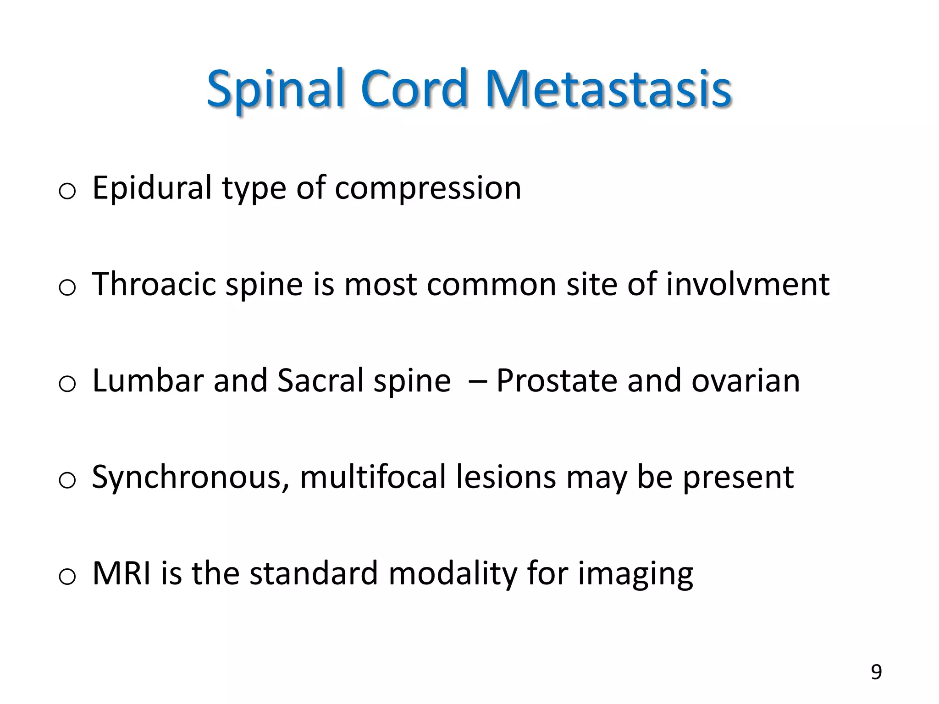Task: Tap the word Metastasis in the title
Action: (x=608, y=89)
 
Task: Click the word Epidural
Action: (x=152, y=188)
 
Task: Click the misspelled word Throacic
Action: (x=154, y=284)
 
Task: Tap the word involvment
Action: (x=747, y=284)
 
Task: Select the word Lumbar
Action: (x=147, y=380)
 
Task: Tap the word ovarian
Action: (x=746, y=381)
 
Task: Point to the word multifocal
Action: (x=373, y=477)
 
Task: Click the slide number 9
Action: (x=876, y=672)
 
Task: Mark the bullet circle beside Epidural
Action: (x=67, y=191)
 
